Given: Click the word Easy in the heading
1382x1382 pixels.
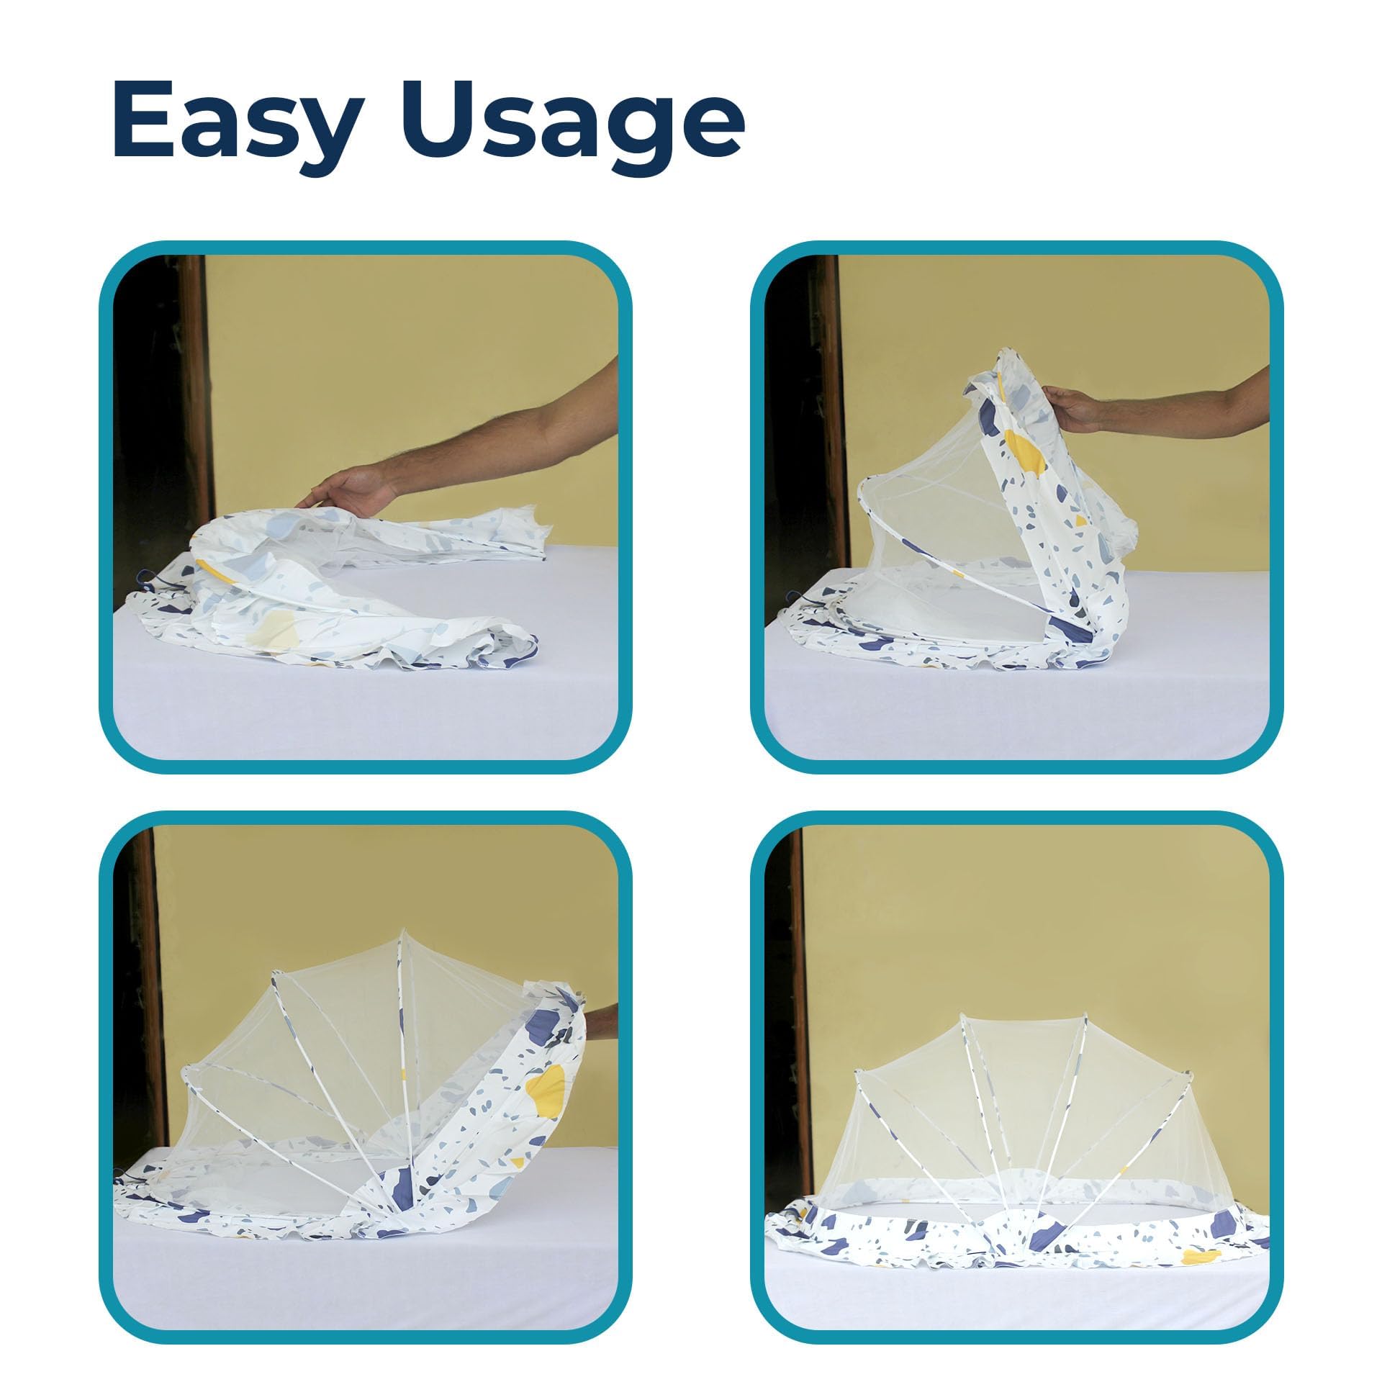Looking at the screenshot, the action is [236, 122].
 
